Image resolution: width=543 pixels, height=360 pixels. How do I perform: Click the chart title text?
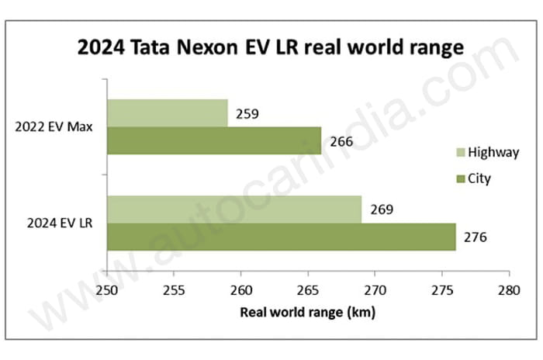pos(271,48)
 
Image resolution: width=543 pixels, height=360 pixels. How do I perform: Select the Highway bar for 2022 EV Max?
pos(167,112)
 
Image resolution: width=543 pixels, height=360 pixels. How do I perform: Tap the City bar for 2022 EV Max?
pos(213,140)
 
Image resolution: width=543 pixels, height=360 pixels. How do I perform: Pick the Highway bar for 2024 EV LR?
pos(233,209)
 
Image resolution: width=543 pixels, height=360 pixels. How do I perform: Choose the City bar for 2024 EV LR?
pos(280,237)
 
